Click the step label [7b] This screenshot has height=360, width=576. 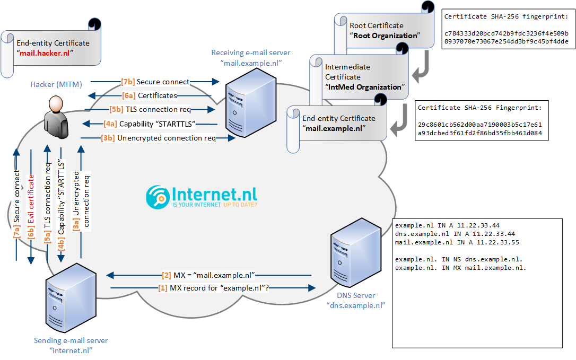coord(127,82)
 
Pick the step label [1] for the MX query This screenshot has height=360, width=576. coord(163,288)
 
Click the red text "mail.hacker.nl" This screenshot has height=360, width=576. coord(46,53)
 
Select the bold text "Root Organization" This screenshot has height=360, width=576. coord(384,36)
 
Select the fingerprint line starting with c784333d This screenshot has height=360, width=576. coord(507,33)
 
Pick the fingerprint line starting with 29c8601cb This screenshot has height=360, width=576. coord(479,125)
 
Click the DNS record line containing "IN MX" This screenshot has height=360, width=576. coord(460,268)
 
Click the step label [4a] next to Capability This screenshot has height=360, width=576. coord(110,124)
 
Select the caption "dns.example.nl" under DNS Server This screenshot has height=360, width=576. coord(356,305)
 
